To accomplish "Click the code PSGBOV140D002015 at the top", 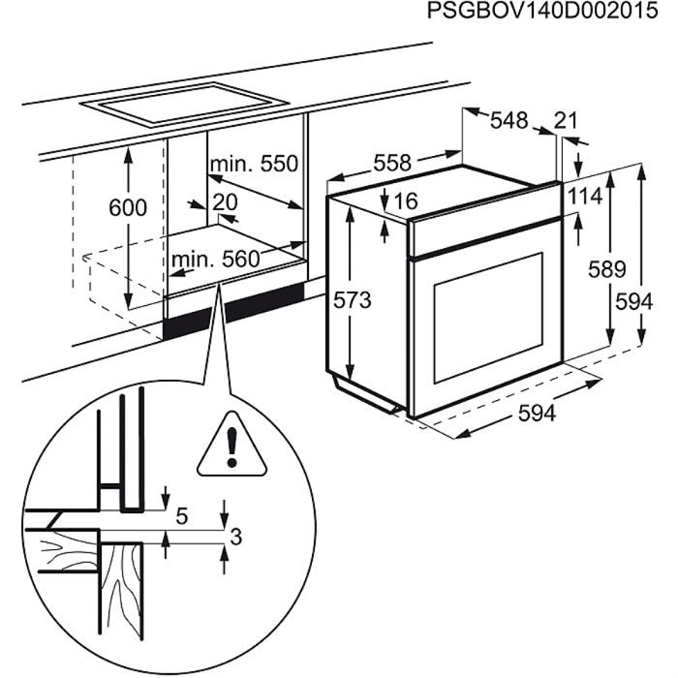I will pyautogui.click(x=539, y=13).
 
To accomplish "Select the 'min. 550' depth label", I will pyautogui.click(x=254, y=164).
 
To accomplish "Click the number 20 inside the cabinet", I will pyautogui.click(x=224, y=202).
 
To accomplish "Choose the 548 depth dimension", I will pyautogui.click(x=508, y=120).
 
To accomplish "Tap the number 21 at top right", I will pyautogui.click(x=566, y=120).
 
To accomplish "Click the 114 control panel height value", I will pyautogui.click(x=584, y=197).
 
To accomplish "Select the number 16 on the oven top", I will pyautogui.click(x=406, y=201).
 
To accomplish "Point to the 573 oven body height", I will pyautogui.click(x=354, y=300).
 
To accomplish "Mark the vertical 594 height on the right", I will pyautogui.click(x=633, y=302).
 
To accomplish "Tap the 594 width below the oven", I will pyautogui.click(x=536, y=414).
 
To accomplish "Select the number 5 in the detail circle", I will pyautogui.click(x=182, y=516).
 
